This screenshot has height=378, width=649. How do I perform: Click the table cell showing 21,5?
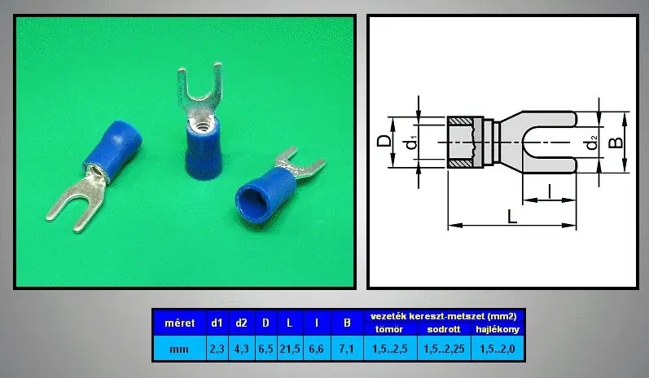(290, 349)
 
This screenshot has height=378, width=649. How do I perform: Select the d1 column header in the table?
(217, 323)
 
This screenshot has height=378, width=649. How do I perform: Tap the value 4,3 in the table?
(241, 349)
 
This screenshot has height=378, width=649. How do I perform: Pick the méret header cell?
(179, 323)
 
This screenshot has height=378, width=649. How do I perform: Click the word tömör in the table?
(389, 329)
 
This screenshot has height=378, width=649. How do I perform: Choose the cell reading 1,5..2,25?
(444, 349)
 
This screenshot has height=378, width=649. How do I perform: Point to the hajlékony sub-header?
(497, 329)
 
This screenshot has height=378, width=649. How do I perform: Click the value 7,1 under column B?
(346, 349)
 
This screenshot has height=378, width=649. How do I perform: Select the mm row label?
(179, 349)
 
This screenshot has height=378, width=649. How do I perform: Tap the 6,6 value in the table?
(316, 349)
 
